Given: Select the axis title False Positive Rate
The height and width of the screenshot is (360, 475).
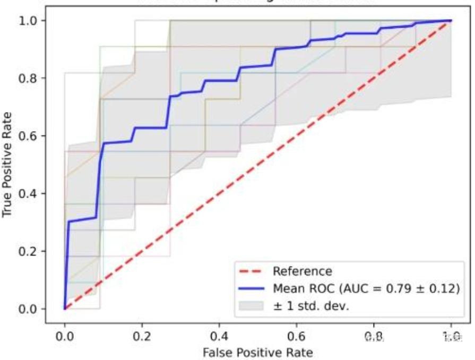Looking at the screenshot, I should pos(257,352).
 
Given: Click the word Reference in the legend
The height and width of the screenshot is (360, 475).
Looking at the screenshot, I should pos(302,271).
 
